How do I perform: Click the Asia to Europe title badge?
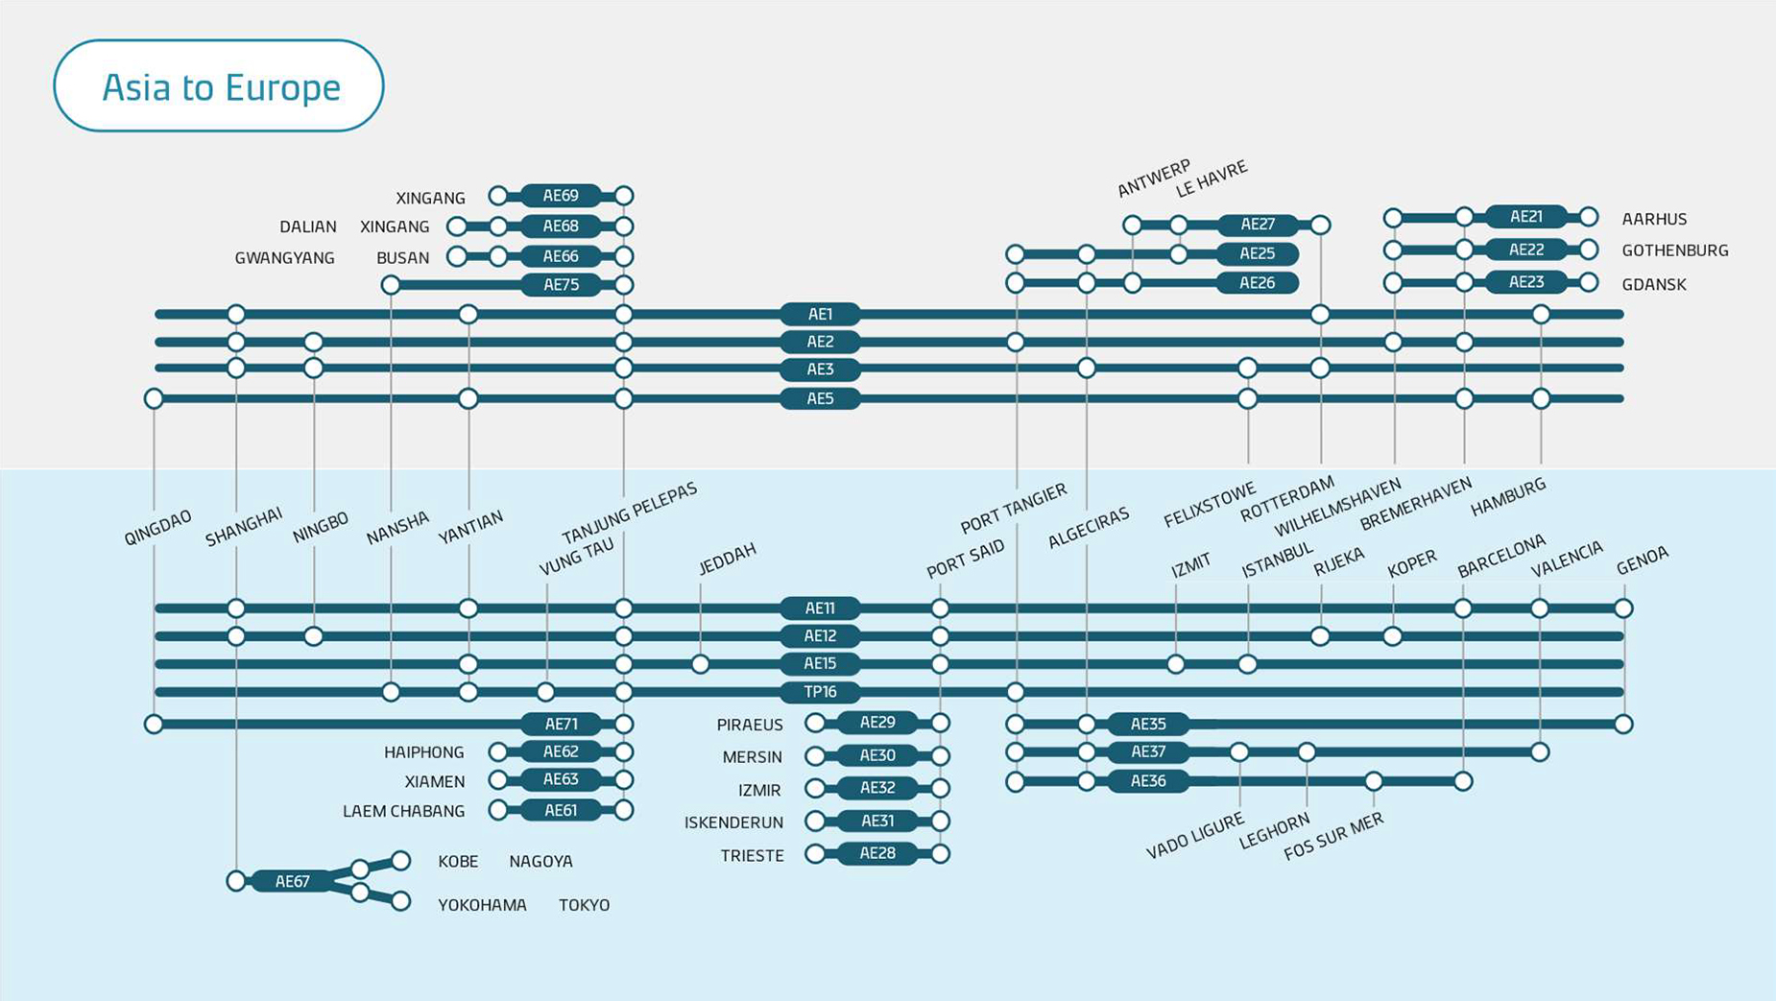tap(219, 86)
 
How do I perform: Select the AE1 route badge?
tap(820, 314)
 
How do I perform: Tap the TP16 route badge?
tap(820, 692)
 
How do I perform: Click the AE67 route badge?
tap(293, 881)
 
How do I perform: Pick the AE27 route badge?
tap(1257, 225)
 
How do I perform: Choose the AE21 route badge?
tap(1525, 217)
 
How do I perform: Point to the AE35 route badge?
tap(1148, 724)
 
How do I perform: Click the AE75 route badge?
tap(561, 284)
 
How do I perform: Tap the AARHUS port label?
tap(1654, 219)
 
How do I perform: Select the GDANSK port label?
tap(1654, 284)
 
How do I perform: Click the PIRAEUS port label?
tap(750, 725)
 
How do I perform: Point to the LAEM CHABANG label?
tap(403, 811)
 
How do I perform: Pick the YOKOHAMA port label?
tap(482, 905)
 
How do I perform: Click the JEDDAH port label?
tap(727, 558)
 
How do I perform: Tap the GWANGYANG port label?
tap(285, 257)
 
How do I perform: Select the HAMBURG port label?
tap(1508, 496)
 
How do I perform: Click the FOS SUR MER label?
tap(1333, 835)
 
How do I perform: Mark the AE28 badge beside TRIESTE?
tap(877, 853)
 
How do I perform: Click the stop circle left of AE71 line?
tap(154, 724)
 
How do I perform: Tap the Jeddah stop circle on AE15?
tap(701, 664)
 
